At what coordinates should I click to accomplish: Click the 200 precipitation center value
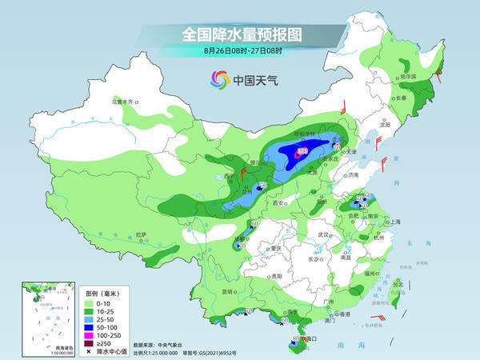pyautogui.click(x=302, y=150)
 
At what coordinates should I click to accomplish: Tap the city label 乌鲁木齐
pyautogui.click(x=125, y=102)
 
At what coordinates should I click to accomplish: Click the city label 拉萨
pyautogui.click(x=142, y=234)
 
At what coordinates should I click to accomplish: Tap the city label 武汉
pyautogui.click(x=323, y=234)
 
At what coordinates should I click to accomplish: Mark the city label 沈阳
pyautogui.click(x=386, y=125)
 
